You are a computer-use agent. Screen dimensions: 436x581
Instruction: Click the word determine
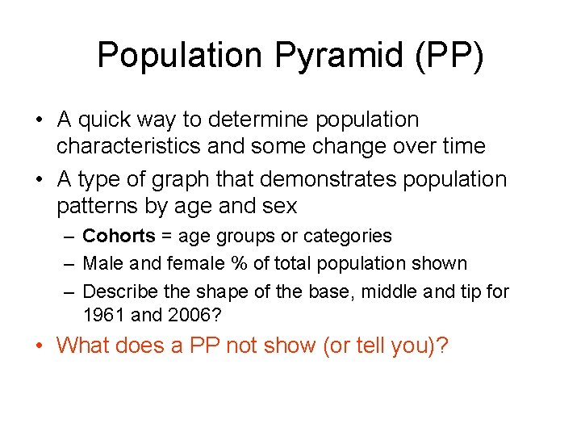260,120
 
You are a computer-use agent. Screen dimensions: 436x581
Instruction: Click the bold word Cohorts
119,237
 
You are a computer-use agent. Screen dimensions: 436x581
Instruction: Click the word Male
102,263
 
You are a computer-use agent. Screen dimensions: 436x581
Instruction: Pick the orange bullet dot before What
40,346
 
